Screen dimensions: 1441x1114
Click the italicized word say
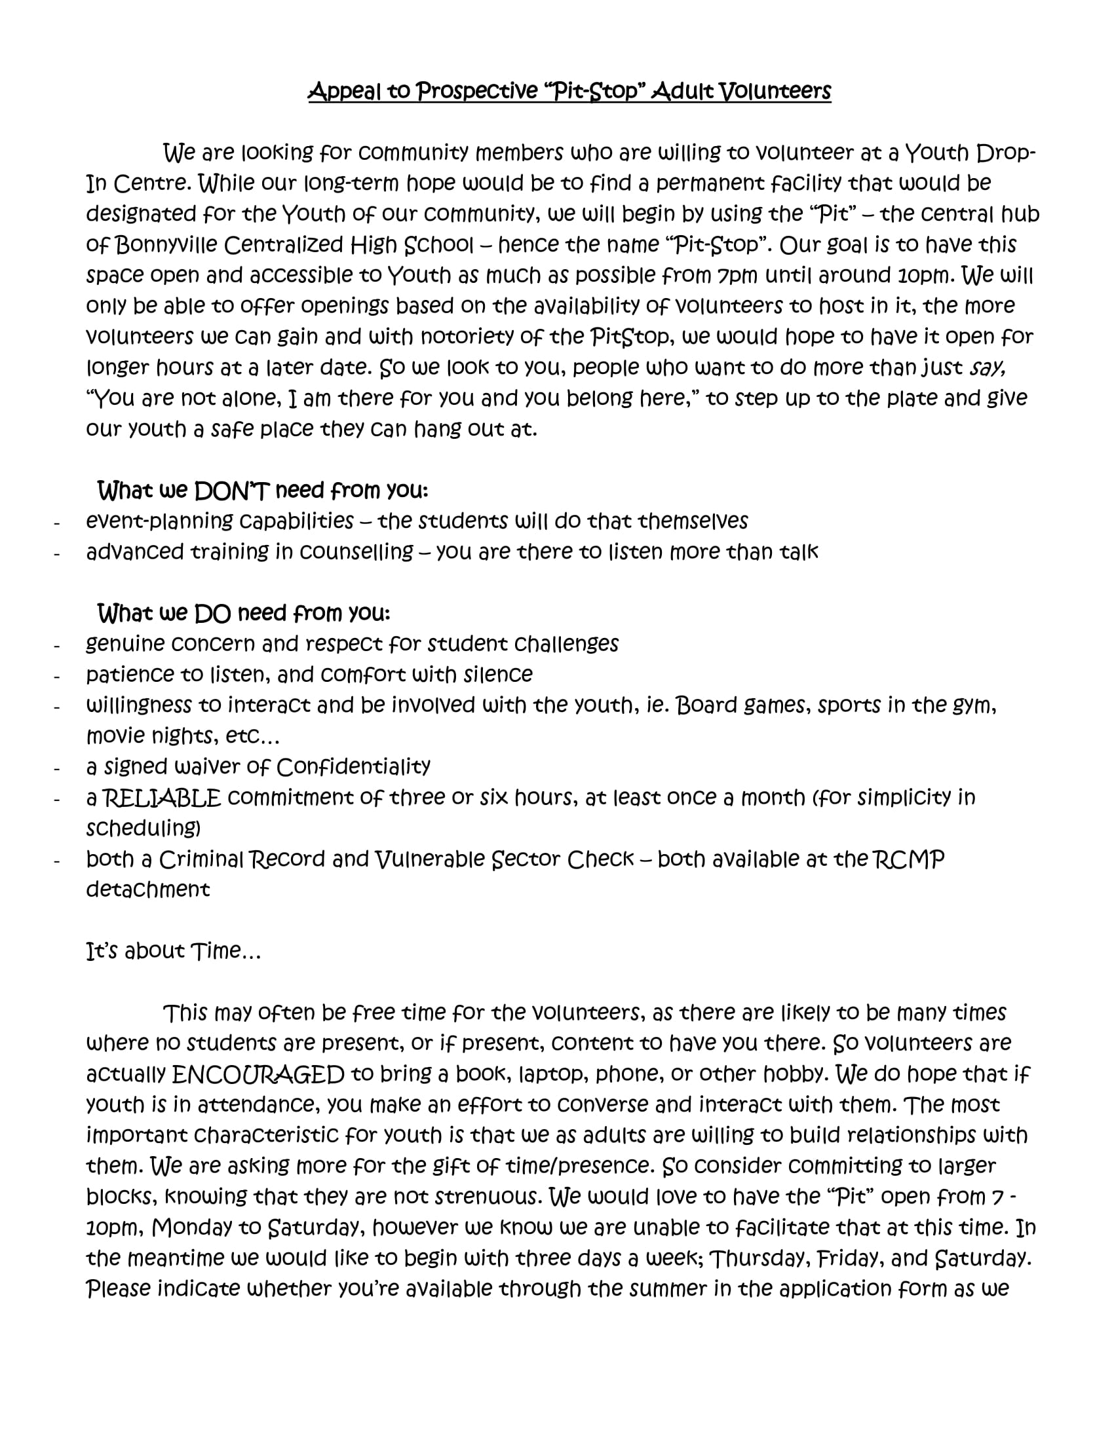point(988,367)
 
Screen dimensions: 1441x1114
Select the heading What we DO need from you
point(244,614)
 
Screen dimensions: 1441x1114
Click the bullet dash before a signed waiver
point(58,769)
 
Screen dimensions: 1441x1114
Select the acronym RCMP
point(908,859)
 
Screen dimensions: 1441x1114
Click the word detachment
point(148,889)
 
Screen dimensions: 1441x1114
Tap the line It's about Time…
point(174,951)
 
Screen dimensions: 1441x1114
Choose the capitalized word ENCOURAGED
point(258,1075)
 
